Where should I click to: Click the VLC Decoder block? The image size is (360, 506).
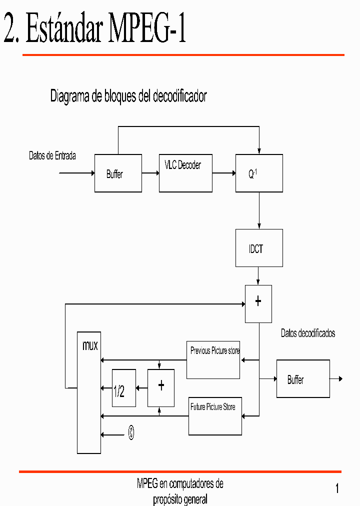pyautogui.click(x=185, y=173)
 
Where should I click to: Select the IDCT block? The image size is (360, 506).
pyautogui.click(x=259, y=248)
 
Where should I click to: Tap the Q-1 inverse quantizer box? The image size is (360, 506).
pyautogui.click(x=259, y=173)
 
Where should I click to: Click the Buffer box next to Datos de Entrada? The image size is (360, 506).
pyautogui.click(x=118, y=173)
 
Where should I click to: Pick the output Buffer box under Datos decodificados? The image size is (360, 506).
pyautogui.click(x=303, y=379)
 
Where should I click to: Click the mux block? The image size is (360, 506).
pyautogui.click(x=89, y=392)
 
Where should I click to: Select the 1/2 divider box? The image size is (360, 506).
pyautogui.click(x=123, y=388)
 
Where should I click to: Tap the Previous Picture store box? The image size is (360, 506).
pyautogui.click(x=213, y=360)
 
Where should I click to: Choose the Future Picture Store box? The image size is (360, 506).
pyautogui.click(x=215, y=416)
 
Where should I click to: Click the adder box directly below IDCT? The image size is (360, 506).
pyautogui.click(x=258, y=304)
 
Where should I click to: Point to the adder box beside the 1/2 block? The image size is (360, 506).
pyautogui.click(x=161, y=388)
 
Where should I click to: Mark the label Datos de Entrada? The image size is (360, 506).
pyautogui.click(x=52, y=156)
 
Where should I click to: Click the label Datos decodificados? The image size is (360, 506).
pyautogui.click(x=307, y=333)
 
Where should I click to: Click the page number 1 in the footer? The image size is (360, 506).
pyautogui.click(x=337, y=488)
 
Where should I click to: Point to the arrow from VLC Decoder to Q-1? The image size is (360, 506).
pyautogui.click(x=224, y=173)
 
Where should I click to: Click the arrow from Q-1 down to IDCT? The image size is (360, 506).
pyautogui.click(x=259, y=210)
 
